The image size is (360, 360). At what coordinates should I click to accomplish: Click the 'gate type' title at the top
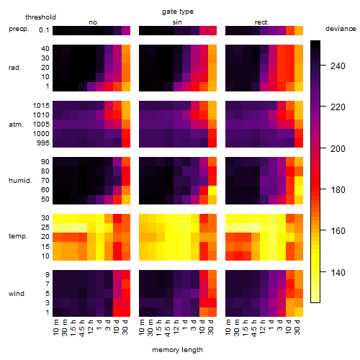point(178,12)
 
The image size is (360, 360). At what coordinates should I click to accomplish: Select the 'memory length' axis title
point(177,350)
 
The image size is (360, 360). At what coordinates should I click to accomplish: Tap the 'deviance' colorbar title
point(341,29)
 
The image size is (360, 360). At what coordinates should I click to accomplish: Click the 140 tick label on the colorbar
point(338,272)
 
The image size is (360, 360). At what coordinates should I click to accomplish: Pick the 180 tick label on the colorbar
point(338,190)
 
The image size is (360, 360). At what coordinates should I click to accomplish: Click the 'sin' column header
point(177,22)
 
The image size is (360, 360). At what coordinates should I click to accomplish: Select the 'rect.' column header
point(262,22)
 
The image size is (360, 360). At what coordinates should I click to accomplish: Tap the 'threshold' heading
point(40,17)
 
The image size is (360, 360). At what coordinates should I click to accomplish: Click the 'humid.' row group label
point(20,181)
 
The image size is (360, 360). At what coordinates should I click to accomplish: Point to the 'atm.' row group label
point(16,125)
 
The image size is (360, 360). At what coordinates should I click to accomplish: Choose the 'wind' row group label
point(17,294)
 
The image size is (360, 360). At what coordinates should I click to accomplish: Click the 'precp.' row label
point(19,29)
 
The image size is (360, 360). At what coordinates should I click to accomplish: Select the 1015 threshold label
point(41,105)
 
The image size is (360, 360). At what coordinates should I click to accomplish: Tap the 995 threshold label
point(43,143)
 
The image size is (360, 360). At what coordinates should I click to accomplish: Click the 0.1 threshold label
point(44,30)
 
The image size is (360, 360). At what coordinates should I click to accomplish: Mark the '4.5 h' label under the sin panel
point(168,328)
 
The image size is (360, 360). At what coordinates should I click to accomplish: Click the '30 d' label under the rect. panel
point(297,327)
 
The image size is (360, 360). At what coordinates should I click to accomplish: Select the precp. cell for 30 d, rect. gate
point(299,30)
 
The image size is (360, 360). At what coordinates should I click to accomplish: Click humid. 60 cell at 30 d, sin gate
point(212,190)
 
